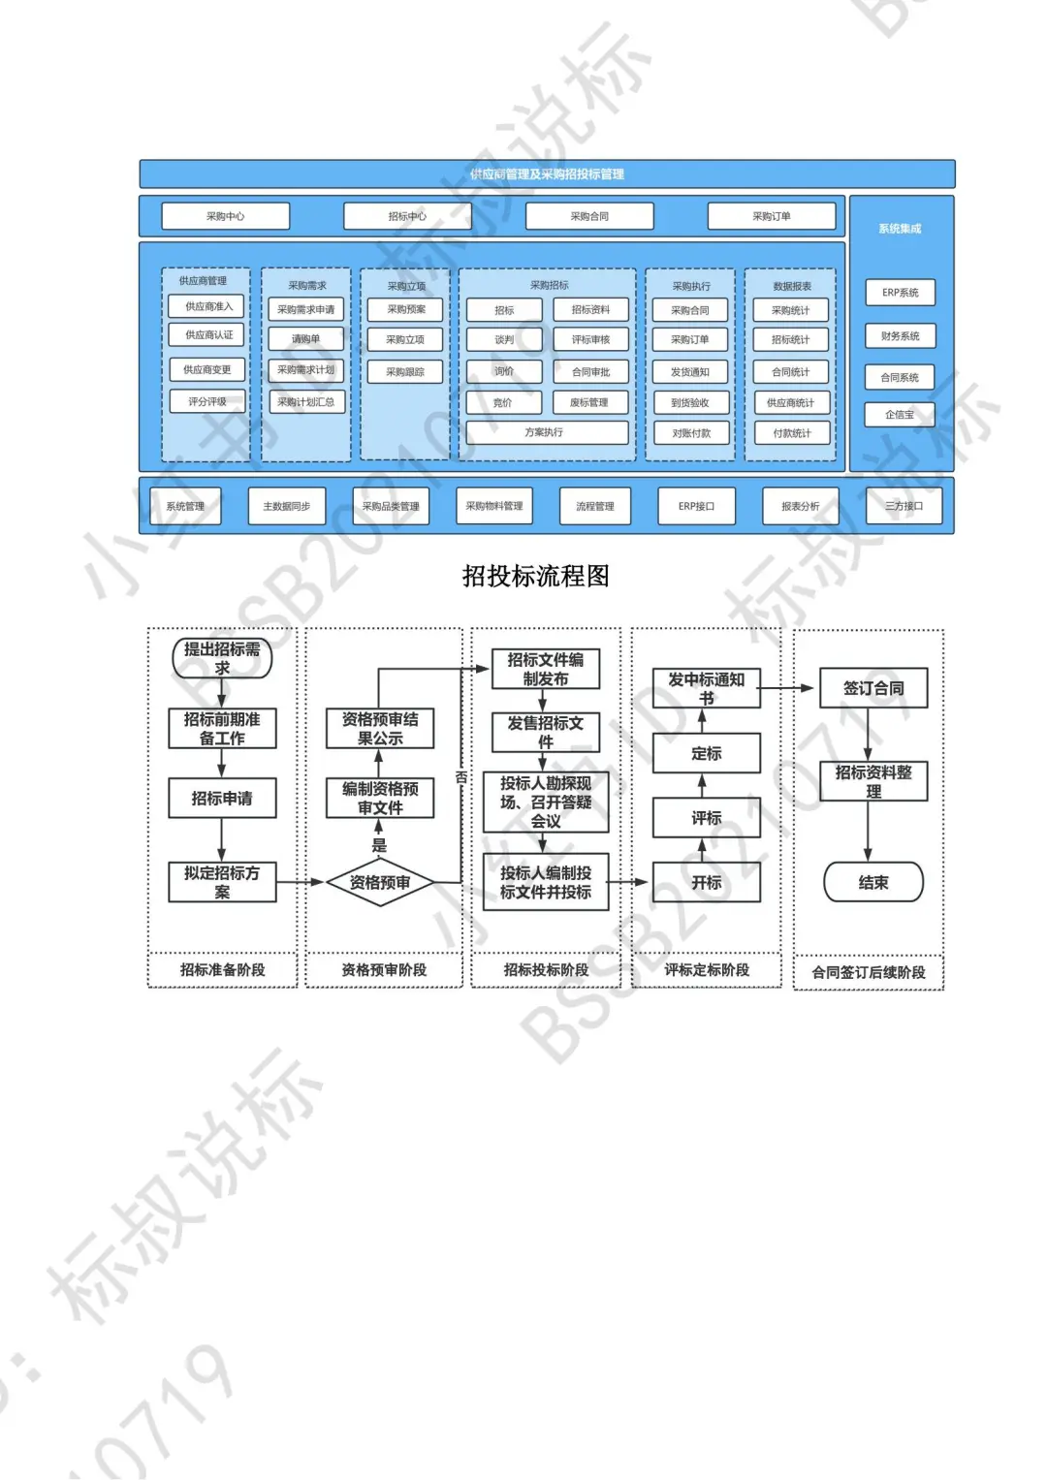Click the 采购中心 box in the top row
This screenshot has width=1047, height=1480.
click(225, 216)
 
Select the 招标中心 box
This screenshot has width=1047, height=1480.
click(407, 216)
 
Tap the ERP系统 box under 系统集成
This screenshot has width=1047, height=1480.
click(900, 293)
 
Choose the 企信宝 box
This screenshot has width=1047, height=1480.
click(900, 415)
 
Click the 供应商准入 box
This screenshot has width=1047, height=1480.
click(208, 306)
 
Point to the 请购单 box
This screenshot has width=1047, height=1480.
click(305, 339)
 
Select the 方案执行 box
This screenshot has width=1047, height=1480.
click(546, 432)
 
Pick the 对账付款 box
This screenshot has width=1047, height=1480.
click(690, 433)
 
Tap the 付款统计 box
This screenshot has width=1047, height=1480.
click(791, 433)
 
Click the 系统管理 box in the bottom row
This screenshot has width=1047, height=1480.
click(185, 506)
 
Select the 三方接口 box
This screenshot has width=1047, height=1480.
click(904, 506)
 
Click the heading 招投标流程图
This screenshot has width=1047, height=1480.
click(535, 577)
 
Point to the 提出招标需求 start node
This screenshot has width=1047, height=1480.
click(222, 658)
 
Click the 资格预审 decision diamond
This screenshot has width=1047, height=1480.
click(379, 882)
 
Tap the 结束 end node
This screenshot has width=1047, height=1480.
click(872, 882)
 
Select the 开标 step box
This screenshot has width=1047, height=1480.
click(706, 882)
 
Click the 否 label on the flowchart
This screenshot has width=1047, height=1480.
click(461, 777)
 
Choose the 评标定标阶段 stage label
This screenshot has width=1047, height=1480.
click(706, 970)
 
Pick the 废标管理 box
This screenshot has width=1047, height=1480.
click(589, 402)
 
